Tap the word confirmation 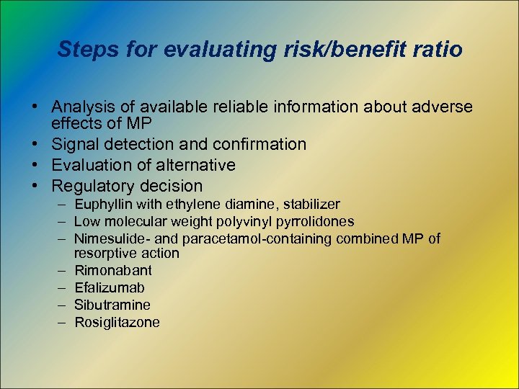coord(257,145)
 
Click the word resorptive coord(104,253)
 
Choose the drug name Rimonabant coord(113,271)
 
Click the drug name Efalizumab coord(110,288)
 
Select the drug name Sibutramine coord(112,305)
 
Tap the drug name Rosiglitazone coord(117,323)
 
